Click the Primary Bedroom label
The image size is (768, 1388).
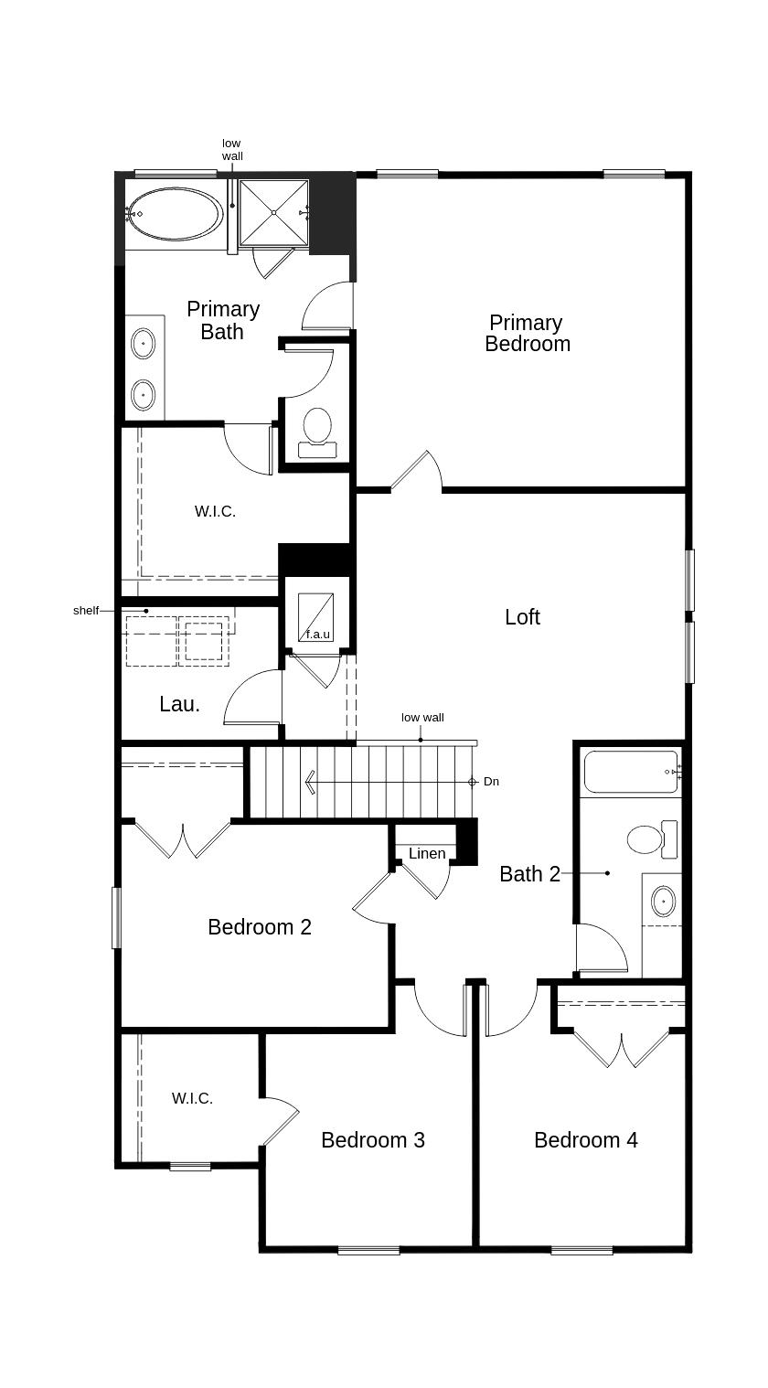(x=527, y=333)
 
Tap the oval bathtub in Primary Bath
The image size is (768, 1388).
(x=173, y=214)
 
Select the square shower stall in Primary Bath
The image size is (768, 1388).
(x=273, y=212)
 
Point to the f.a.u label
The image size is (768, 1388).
(x=317, y=634)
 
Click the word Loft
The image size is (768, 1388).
(x=522, y=617)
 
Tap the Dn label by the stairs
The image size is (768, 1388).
(x=491, y=782)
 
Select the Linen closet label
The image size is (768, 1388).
(x=427, y=853)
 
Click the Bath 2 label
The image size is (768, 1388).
(x=529, y=874)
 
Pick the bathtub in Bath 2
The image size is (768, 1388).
(x=631, y=772)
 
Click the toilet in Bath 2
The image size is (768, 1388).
(x=650, y=838)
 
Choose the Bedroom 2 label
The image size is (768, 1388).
(x=260, y=927)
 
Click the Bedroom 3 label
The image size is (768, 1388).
(x=372, y=1140)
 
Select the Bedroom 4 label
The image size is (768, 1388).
(x=585, y=1140)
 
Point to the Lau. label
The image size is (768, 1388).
(x=179, y=704)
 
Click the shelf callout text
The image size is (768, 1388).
(x=85, y=610)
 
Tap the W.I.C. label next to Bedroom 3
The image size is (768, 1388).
(x=192, y=1098)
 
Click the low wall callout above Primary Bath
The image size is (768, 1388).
(x=232, y=150)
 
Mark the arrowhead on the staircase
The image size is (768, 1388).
(x=311, y=782)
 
